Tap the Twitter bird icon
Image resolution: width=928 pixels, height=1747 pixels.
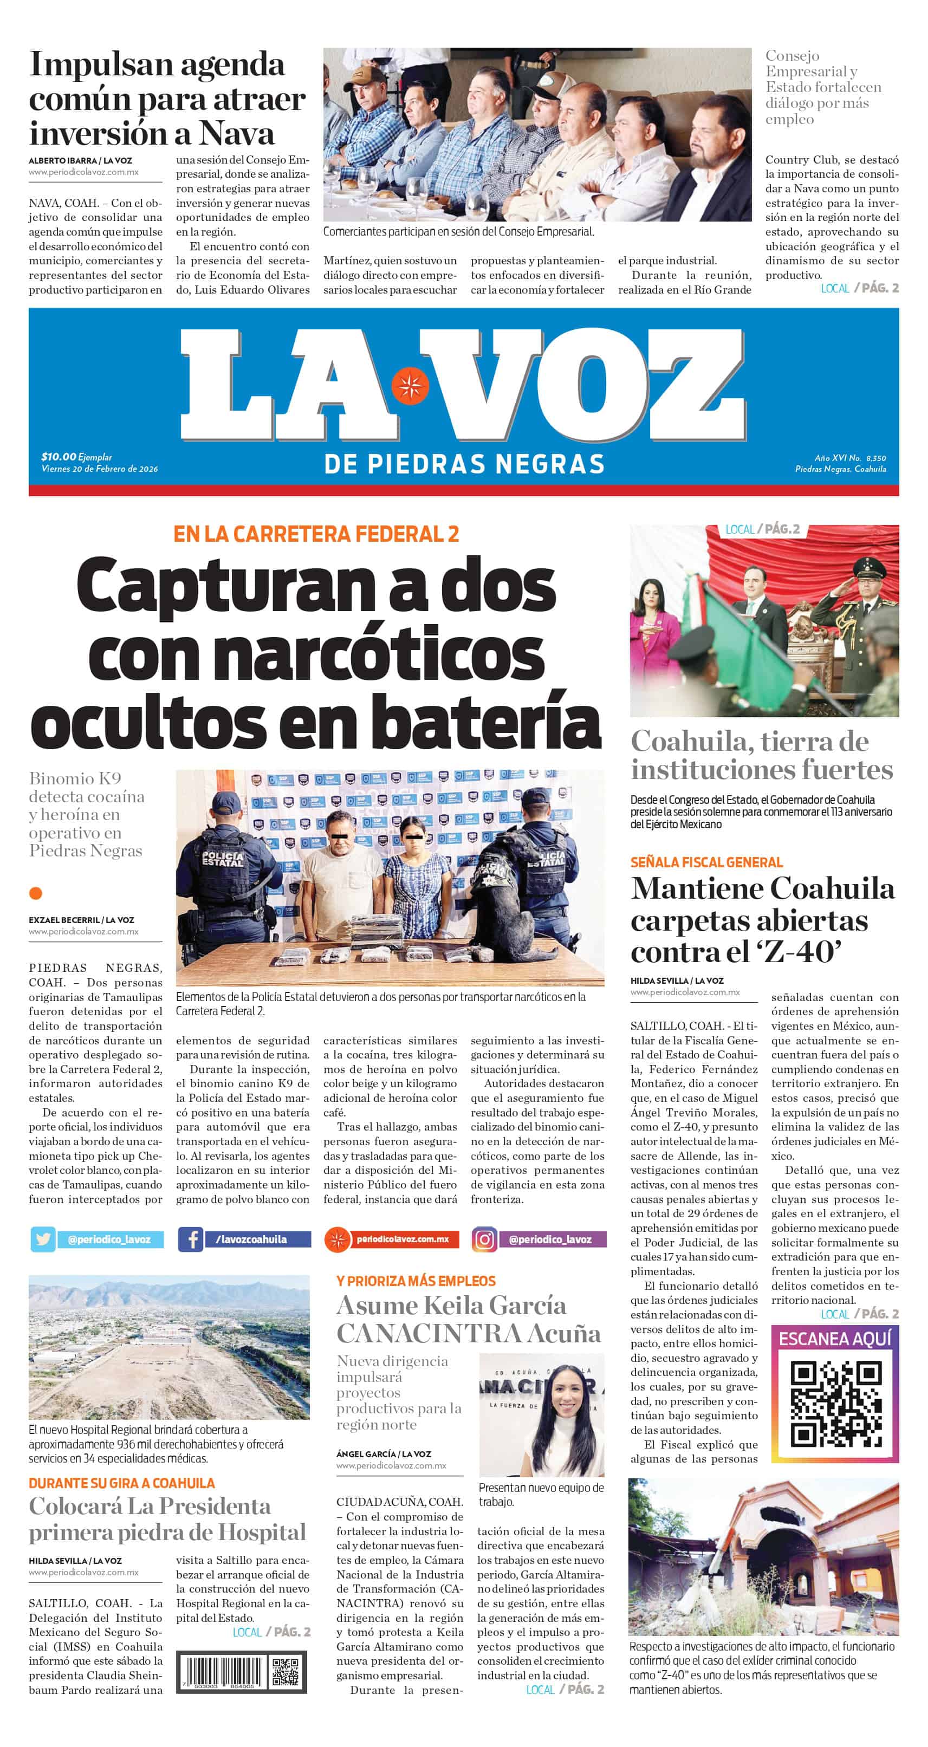click(43, 1239)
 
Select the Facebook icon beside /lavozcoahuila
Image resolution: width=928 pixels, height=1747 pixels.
click(191, 1239)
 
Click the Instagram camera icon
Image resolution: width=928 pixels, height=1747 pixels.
click(484, 1239)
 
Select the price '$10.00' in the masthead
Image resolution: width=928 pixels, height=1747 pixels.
click(59, 457)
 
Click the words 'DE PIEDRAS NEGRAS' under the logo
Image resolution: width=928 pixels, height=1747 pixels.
click(464, 465)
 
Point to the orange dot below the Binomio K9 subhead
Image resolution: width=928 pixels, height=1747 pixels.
click(36, 893)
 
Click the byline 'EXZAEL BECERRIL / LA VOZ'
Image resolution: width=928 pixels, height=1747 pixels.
click(81, 920)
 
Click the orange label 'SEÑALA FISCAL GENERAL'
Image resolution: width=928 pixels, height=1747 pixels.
click(707, 862)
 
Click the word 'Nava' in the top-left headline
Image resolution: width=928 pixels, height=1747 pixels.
click(237, 133)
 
